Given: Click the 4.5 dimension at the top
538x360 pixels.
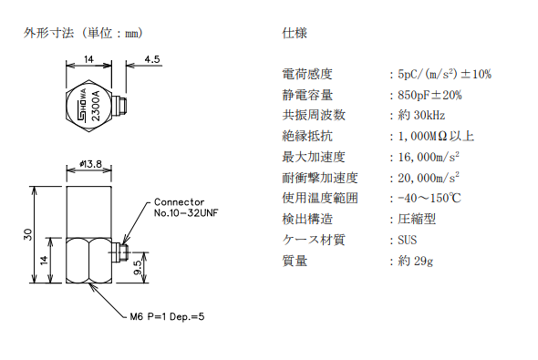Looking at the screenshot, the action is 152,59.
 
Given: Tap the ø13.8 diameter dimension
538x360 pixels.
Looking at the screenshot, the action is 90,164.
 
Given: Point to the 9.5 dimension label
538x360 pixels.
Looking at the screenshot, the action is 138,268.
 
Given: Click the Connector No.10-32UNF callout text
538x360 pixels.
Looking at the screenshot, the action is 186,208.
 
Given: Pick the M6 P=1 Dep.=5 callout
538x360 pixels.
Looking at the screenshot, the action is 167,316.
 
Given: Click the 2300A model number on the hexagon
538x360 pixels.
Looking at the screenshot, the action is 96,106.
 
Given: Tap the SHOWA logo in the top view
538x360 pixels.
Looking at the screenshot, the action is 82,105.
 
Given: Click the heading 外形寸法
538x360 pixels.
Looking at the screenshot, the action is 48,33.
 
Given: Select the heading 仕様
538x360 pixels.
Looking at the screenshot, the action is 295,33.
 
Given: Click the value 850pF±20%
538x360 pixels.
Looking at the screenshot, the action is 429,95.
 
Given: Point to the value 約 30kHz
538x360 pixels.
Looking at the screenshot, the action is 421,116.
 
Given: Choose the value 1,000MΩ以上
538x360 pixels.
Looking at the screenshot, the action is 436,136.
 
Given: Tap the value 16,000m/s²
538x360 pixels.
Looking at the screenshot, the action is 429,157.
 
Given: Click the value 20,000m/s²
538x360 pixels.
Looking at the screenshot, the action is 429,177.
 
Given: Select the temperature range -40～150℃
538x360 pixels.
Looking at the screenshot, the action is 429,198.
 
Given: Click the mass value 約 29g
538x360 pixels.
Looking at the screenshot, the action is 416,261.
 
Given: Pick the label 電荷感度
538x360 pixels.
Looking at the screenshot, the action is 307,74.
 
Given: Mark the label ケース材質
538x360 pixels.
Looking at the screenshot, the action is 314,240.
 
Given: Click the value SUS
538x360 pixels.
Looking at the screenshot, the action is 408,240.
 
